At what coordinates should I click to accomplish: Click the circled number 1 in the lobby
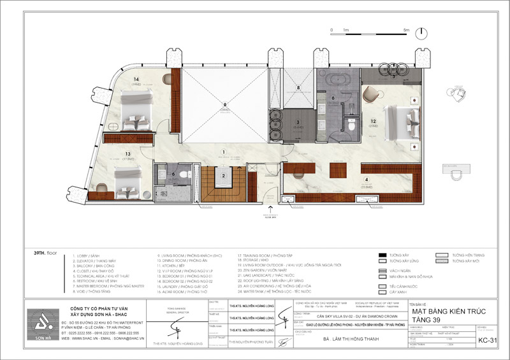(223, 151)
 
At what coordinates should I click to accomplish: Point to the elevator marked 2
(223, 176)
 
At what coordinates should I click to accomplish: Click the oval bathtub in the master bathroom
(334, 83)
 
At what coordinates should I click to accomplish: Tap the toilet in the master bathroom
(352, 126)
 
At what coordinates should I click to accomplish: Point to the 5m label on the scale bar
(405, 30)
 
